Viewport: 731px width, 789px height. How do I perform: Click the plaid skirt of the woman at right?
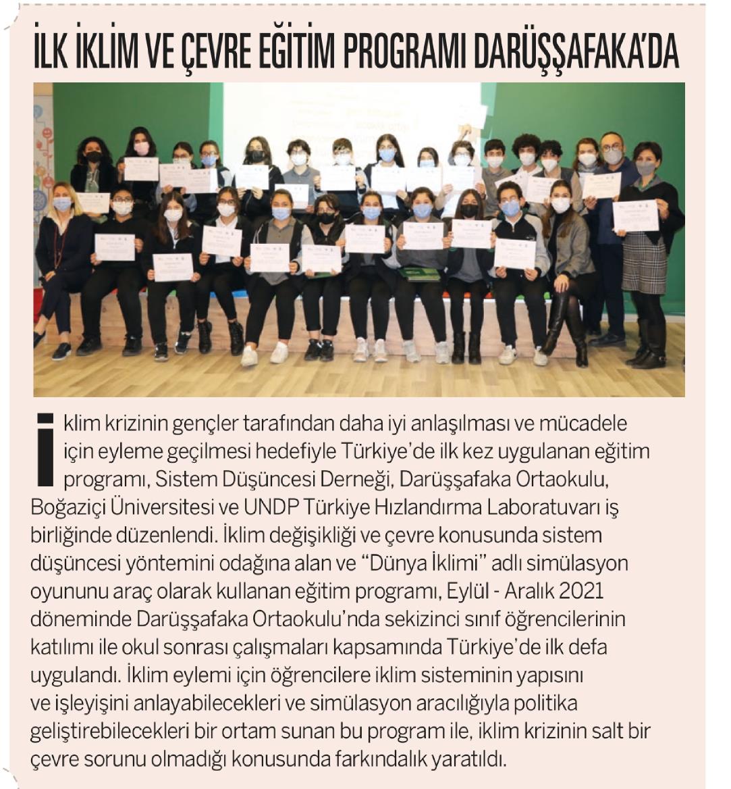pos(643,263)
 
